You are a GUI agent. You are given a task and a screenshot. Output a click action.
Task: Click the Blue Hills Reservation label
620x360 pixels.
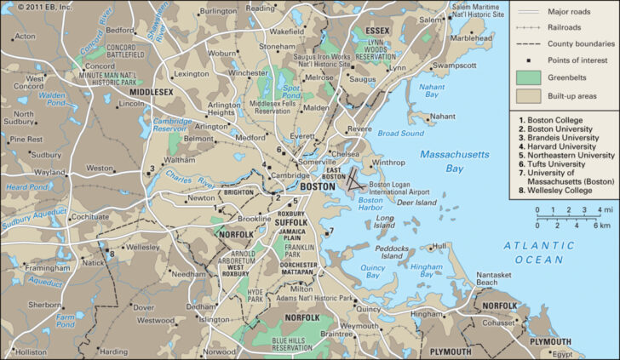(x=292, y=345)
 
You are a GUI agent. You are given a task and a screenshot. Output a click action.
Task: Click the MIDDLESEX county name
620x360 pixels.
(x=150, y=91)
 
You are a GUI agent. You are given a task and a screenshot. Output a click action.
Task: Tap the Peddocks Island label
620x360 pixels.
(x=393, y=253)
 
